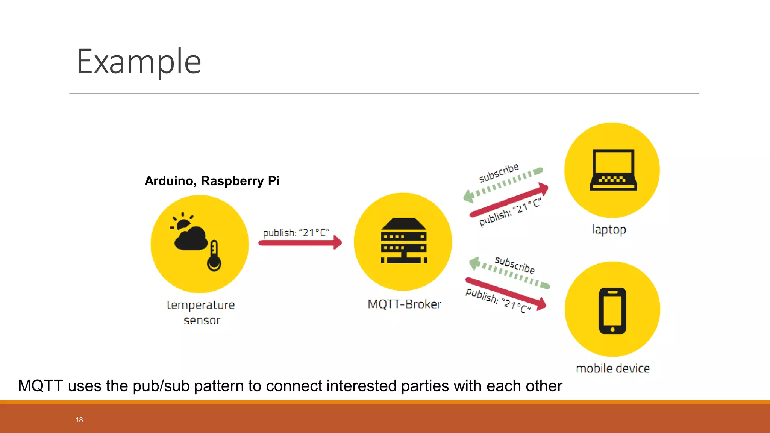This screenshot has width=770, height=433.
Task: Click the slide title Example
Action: pyautogui.click(x=139, y=62)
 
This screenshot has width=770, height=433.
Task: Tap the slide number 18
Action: pyautogui.click(x=79, y=420)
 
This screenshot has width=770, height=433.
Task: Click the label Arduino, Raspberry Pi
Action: pyautogui.click(x=212, y=181)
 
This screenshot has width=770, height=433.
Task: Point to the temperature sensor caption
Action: pyautogui.click(x=201, y=312)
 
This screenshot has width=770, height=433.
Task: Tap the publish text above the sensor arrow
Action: pyautogui.click(x=296, y=232)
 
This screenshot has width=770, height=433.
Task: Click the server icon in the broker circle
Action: pyautogui.click(x=404, y=241)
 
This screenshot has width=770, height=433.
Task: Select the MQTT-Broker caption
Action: pyautogui.click(x=404, y=304)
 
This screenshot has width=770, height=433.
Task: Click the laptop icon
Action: pyautogui.click(x=613, y=170)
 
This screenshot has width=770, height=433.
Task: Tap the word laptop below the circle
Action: pyautogui.click(x=609, y=229)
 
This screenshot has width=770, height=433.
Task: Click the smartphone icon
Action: pyautogui.click(x=612, y=310)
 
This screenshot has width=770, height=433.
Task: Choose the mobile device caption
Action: pyautogui.click(x=612, y=368)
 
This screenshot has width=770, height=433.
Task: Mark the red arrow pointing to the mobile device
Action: pyautogui.click(x=506, y=294)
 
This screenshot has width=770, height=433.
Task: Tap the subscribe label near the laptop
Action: pyautogui.click(x=499, y=173)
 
